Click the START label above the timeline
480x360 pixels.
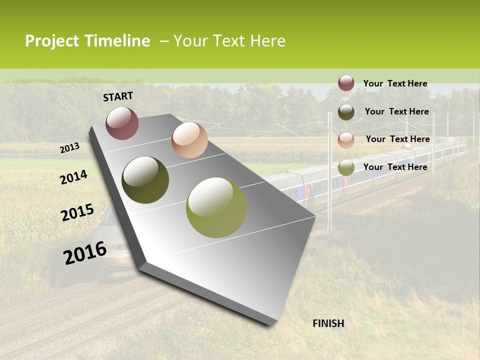[x=118, y=96]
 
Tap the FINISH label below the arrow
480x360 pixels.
[x=328, y=323]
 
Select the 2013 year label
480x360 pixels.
[x=70, y=148]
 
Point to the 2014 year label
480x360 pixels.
[x=74, y=177]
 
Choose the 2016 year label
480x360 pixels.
[x=85, y=253]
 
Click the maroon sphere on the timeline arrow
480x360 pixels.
[x=122, y=123]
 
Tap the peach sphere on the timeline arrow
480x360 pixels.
[x=189, y=140]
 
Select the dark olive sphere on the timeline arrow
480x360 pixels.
[x=145, y=180]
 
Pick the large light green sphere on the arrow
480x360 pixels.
[x=216, y=207]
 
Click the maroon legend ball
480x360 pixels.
[x=346, y=83]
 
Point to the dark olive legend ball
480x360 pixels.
[x=346, y=112]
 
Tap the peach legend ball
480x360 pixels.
[x=346, y=140]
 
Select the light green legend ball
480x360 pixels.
[x=346, y=167]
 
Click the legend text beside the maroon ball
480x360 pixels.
[x=395, y=83]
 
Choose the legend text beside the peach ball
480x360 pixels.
[x=397, y=139]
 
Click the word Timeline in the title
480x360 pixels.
[x=117, y=41]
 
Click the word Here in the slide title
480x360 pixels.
[x=267, y=41]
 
